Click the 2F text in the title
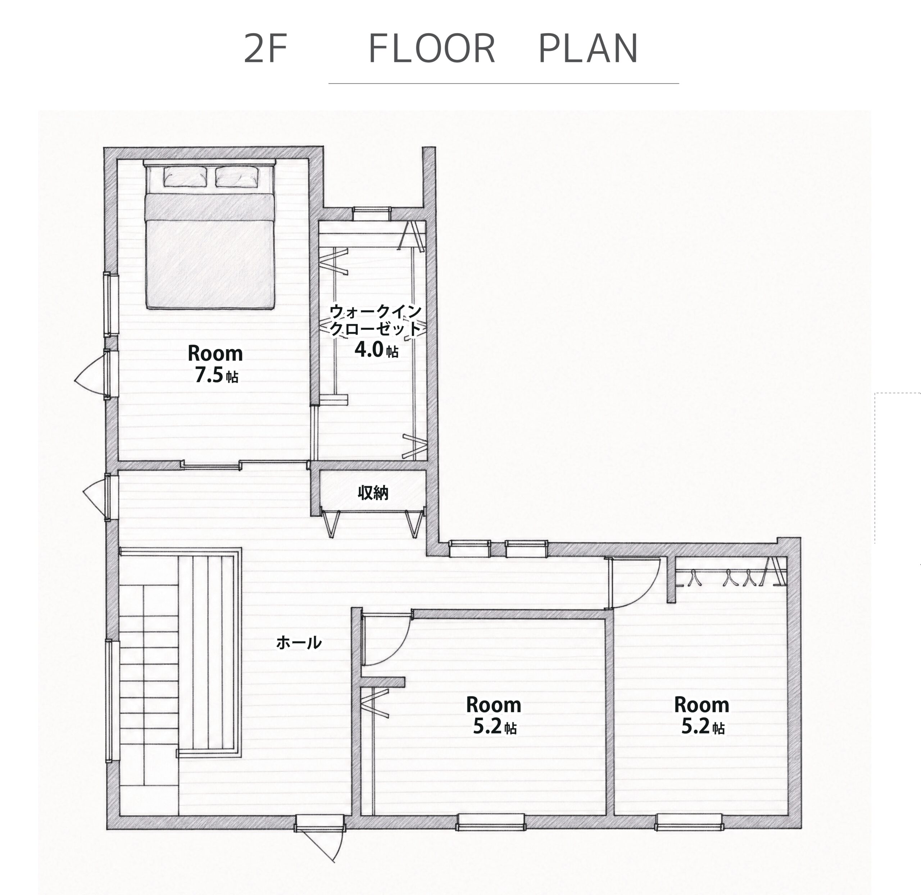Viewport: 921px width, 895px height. pos(266,49)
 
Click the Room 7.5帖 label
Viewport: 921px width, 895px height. pos(215,363)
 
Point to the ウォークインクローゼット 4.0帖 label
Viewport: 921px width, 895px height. pos(375,331)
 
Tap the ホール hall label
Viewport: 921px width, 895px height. pos(299,642)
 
